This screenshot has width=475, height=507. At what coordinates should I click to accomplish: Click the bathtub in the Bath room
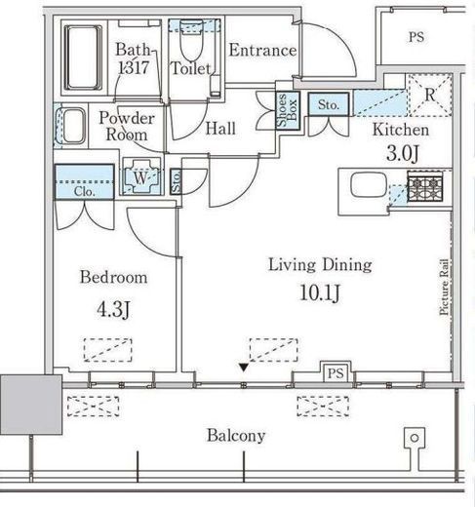pyautogui.click(x=83, y=58)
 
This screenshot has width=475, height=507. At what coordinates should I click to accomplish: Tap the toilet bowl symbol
pyautogui.click(x=191, y=41)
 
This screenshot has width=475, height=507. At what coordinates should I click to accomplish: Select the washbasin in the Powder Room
pyautogui.click(x=73, y=126)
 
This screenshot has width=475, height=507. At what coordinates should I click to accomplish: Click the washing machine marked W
pyautogui.click(x=141, y=176)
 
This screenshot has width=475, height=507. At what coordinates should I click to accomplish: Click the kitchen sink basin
pyautogui.click(x=369, y=184)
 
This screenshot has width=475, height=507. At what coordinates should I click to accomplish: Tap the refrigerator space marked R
pyautogui.click(x=430, y=95)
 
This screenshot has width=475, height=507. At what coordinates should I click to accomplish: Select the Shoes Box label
pyautogui.click(x=288, y=110)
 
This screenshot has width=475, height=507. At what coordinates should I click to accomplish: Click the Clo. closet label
pyautogui.click(x=84, y=192)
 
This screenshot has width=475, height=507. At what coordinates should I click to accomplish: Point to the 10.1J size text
pyautogui.click(x=320, y=293)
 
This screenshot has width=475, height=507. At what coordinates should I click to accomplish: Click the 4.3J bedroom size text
pyautogui.click(x=113, y=309)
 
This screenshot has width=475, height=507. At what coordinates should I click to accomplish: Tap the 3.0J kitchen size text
pyautogui.click(x=402, y=153)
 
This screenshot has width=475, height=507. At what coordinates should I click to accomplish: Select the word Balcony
pyautogui.click(x=236, y=436)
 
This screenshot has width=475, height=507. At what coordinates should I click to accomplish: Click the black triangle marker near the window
pyautogui.click(x=244, y=368)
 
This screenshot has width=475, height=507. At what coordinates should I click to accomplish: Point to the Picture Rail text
pyautogui.click(x=444, y=288)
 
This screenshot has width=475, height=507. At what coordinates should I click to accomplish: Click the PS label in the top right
pyautogui.click(x=416, y=37)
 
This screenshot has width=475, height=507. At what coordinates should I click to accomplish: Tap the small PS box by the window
pyautogui.click(x=336, y=372)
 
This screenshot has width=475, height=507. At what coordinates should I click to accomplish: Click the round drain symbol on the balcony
pyautogui.click(x=415, y=438)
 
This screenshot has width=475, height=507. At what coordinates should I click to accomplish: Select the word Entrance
pyautogui.click(x=262, y=51)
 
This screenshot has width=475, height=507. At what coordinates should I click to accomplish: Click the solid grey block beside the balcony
pyautogui.click(x=31, y=405)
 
